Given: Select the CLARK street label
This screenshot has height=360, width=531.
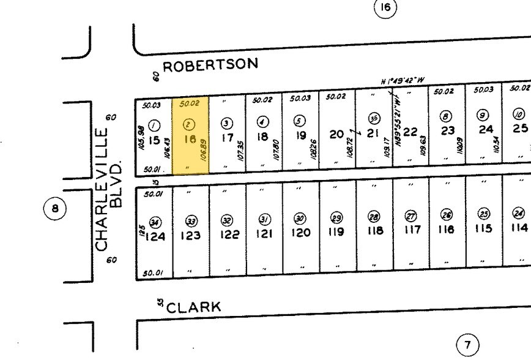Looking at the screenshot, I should coord(193,307).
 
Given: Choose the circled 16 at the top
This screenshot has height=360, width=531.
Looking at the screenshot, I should coord(385,7).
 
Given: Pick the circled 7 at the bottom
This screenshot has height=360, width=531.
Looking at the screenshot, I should coord(468,345).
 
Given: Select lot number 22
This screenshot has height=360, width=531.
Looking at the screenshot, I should coord(410,132).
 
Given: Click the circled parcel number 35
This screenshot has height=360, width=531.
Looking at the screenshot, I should coord(374,118).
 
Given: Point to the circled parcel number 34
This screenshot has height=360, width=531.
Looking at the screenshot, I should coord(155,222).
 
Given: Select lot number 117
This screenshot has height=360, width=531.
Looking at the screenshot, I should coord(412,230).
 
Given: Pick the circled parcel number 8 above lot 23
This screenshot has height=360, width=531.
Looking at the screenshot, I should coord(447,116).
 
